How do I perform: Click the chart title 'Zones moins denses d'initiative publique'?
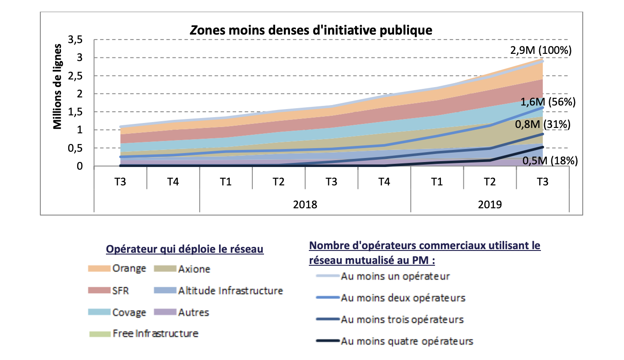coord(311,30)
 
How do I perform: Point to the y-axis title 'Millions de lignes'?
coord(57,87)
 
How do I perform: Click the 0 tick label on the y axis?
coord(79,166)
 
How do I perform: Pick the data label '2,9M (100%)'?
coord(540,50)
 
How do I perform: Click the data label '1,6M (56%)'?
coord(548,102)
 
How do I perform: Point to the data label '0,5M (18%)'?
coord(550,160)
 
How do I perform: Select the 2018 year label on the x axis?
coord(305,205)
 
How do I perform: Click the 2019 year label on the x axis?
coord(490,205)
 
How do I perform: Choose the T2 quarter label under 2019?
coord(490,181)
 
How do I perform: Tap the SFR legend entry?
coord(120,290)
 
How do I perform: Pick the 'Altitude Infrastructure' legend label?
coord(230,290)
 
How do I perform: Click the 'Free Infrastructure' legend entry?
coord(155,334)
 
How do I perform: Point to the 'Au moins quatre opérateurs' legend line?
coord(326,342)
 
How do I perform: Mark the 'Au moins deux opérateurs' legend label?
coord(403,298)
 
